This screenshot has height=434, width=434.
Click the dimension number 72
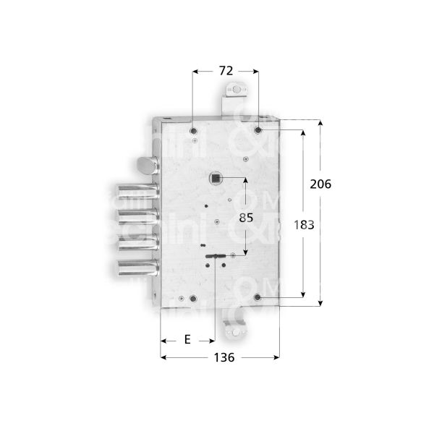[225, 71]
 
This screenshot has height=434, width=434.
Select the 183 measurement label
[305, 225]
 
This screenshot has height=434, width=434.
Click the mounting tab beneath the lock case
[235, 331]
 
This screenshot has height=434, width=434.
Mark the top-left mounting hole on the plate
[193, 130]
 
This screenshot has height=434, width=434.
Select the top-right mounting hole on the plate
[258, 130]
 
